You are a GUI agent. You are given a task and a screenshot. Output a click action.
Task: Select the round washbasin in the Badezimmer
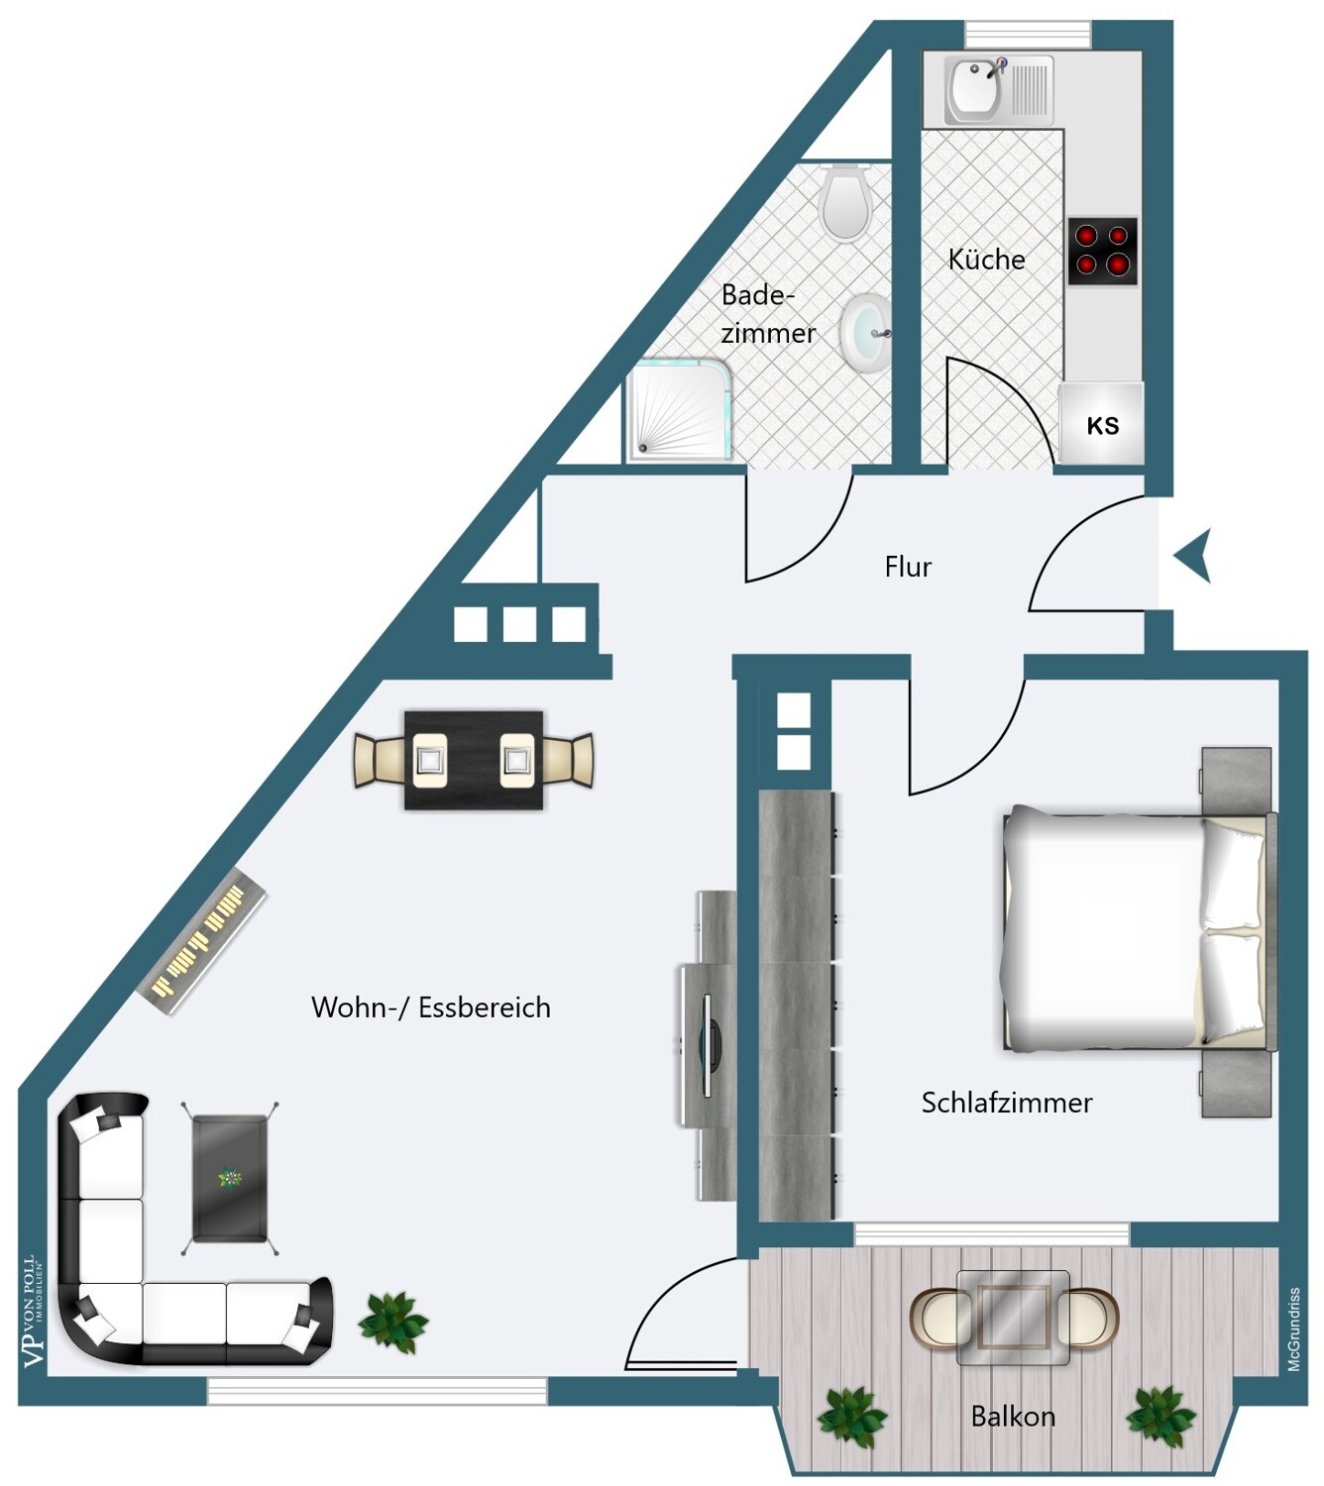point(865,335)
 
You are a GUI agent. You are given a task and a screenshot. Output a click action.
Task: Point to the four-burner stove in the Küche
point(1102,252)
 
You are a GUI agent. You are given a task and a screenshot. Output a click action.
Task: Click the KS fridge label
point(1102,426)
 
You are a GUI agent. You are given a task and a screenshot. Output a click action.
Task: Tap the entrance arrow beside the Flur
point(1192,556)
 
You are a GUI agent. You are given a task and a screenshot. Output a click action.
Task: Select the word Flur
point(908,567)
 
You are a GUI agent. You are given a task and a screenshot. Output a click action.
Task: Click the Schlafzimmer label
point(1007,1104)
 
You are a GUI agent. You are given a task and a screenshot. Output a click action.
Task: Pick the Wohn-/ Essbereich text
point(431,1008)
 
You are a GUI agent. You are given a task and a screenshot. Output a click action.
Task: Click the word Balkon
point(1013,1417)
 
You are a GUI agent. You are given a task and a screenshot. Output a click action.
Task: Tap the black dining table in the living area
point(474,760)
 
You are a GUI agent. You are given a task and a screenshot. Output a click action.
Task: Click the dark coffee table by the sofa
point(230,1179)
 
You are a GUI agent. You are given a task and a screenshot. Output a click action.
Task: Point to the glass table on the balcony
point(1013,1317)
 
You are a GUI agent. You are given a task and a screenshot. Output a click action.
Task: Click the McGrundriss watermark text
point(1293,1329)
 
